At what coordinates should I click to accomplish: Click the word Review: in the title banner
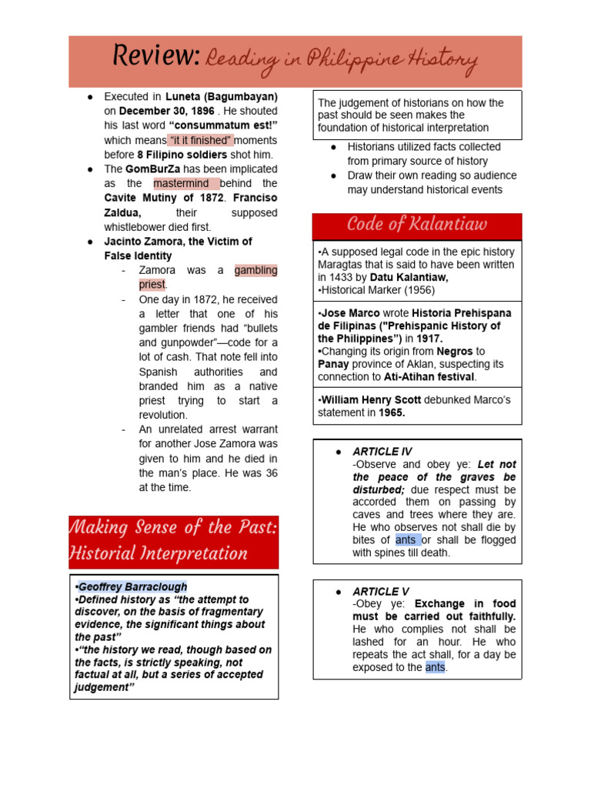156,57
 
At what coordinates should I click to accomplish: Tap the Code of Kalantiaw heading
416,225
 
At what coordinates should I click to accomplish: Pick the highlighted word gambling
255,270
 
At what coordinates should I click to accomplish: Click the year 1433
343,277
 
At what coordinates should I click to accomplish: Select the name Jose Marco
345,314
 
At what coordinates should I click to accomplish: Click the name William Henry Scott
365,400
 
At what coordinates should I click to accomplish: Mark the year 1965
392,413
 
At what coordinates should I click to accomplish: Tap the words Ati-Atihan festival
429,377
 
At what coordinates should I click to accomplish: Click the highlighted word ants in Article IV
406,539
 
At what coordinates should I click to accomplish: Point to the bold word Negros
455,352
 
